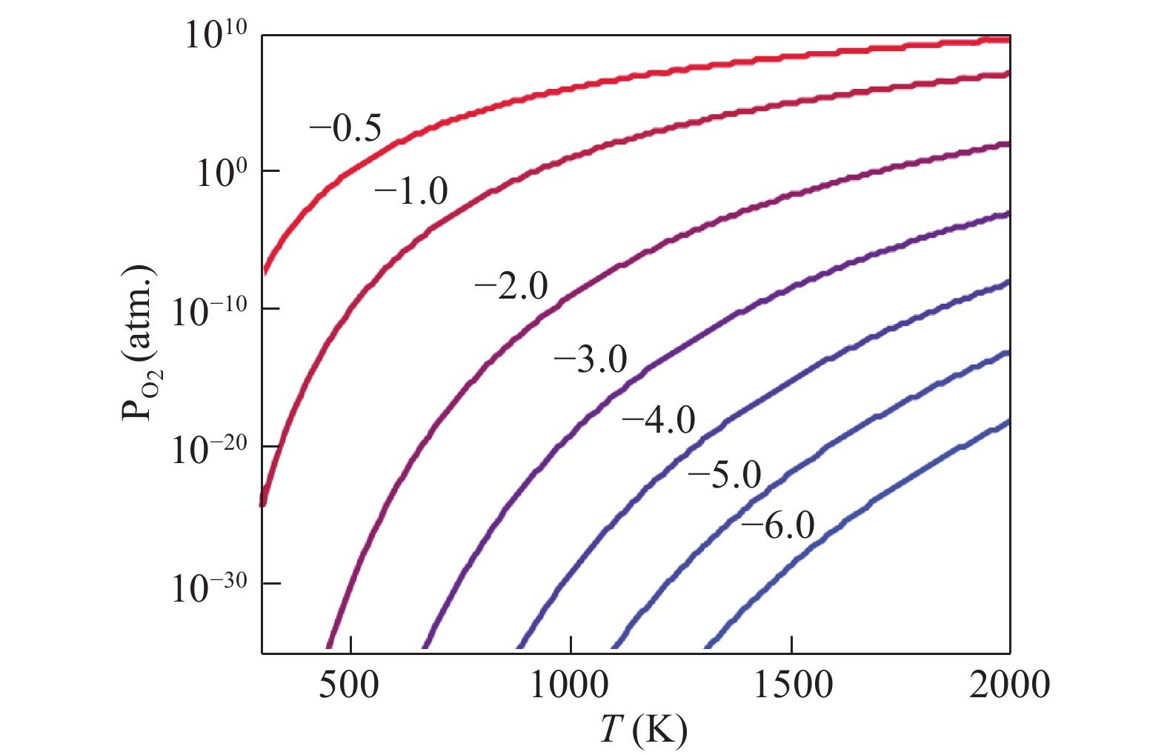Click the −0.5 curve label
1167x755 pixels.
[345, 129]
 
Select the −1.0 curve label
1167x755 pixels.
[411, 192]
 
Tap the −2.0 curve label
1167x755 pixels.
[511, 286]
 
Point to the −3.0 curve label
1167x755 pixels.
[591, 360]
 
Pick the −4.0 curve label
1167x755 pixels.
[659, 421]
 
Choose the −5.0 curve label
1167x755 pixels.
[725, 475]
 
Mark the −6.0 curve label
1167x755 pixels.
[778, 526]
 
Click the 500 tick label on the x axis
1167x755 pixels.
[349, 685]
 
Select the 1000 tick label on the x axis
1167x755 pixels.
[569, 685]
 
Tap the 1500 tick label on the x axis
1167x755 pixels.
[793, 685]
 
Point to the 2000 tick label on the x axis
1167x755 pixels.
[1009, 685]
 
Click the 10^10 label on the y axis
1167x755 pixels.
[215, 35]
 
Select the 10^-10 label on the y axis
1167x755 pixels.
[209, 310]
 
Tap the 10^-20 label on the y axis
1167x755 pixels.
[209, 448]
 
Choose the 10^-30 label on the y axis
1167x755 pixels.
[209, 586]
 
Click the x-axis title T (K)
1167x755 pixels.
[643, 730]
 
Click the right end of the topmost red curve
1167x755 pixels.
[1008, 40]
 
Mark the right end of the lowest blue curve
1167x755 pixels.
[1008, 422]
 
